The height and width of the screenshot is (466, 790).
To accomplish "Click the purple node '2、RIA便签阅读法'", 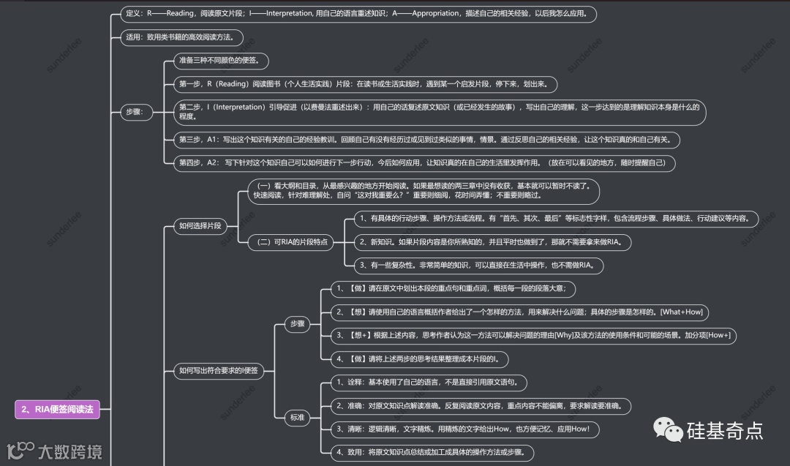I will tap(57, 410).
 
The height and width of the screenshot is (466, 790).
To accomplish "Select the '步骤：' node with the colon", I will tap(136, 112).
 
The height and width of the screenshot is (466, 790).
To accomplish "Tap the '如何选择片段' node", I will tap(200, 226).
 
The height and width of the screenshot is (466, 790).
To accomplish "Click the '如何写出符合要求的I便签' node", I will tap(219, 370).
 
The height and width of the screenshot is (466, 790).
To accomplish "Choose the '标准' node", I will tap(296, 417).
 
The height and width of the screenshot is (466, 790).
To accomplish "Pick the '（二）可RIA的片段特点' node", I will tap(290, 242).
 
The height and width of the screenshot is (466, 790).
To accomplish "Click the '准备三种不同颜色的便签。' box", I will tap(219, 60).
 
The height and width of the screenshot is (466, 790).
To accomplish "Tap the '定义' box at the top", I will tap(358, 13).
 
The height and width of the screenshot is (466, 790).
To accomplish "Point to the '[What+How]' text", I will tap(681, 312).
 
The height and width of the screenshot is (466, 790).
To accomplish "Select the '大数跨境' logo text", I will tap(71, 451).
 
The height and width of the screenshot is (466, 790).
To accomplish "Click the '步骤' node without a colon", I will tap(297, 323).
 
